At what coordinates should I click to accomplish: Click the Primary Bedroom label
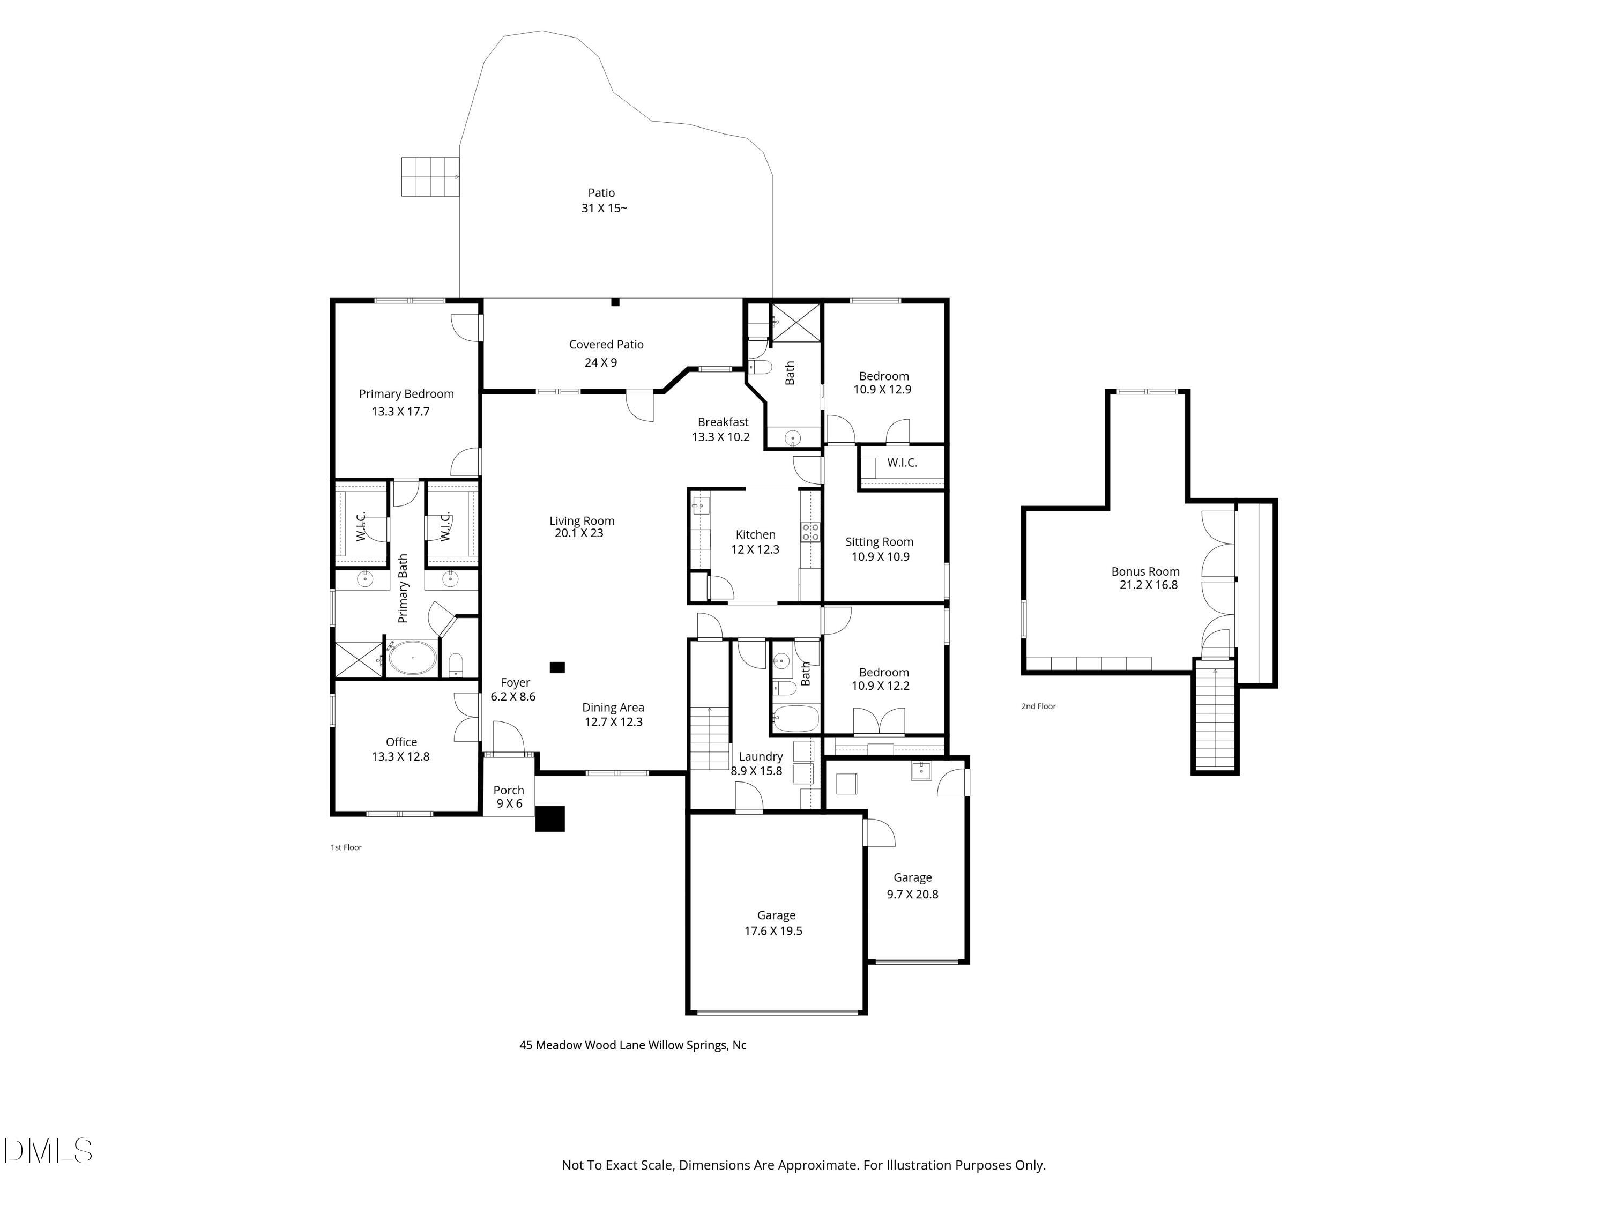click(406, 394)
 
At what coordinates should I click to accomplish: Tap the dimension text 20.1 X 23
click(579, 533)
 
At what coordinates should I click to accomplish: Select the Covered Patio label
click(606, 345)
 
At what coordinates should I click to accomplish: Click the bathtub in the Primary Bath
click(412, 658)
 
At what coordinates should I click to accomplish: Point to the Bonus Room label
click(1145, 571)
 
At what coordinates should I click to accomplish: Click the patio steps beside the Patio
click(430, 177)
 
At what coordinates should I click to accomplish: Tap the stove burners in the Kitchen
click(810, 532)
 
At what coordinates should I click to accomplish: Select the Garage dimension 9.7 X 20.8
click(912, 894)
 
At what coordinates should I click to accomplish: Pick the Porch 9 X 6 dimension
click(509, 803)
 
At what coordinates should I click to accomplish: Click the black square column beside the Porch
click(549, 818)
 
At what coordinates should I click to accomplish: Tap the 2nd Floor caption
click(1038, 706)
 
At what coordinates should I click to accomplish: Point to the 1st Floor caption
click(346, 847)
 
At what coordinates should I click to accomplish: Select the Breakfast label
click(723, 422)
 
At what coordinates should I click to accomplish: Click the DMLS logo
click(48, 1151)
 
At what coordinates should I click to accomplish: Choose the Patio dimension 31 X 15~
click(604, 208)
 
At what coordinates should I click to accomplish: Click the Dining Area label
click(613, 708)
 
